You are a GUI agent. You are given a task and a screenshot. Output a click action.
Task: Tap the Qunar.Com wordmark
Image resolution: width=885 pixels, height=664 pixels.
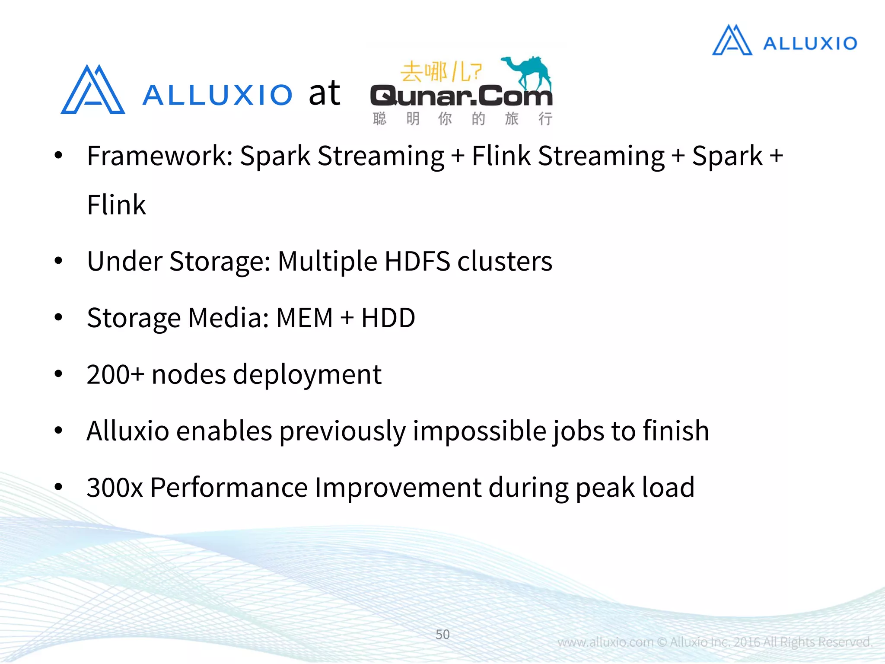461,96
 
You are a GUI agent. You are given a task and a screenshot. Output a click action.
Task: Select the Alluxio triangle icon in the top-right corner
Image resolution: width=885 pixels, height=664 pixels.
732,41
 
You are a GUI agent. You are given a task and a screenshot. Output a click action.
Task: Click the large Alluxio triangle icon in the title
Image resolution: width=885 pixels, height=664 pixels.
93,91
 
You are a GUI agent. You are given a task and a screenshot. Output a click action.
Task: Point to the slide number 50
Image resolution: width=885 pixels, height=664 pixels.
442,634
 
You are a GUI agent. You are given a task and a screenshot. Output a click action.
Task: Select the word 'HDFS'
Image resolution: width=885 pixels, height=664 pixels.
417,262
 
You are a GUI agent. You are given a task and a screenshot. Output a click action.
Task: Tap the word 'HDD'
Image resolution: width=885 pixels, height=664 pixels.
388,318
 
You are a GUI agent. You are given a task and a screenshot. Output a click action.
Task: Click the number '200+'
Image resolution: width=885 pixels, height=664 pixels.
115,374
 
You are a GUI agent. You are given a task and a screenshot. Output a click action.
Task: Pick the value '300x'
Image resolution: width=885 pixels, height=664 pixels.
115,488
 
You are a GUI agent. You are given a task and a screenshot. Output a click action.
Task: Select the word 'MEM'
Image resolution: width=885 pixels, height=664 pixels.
304,318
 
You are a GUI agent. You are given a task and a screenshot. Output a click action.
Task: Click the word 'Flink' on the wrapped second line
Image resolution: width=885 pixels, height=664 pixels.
116,205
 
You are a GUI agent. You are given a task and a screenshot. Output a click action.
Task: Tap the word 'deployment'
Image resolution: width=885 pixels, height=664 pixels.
307,374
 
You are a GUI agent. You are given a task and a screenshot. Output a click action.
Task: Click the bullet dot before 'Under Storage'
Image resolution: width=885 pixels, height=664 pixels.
58,261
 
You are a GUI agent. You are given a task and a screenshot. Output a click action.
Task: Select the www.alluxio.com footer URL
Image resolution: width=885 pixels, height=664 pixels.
605,642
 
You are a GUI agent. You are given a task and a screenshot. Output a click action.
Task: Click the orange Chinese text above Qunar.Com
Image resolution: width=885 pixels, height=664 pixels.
441,72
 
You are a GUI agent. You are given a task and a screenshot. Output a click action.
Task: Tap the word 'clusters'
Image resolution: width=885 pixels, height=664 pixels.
505,262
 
